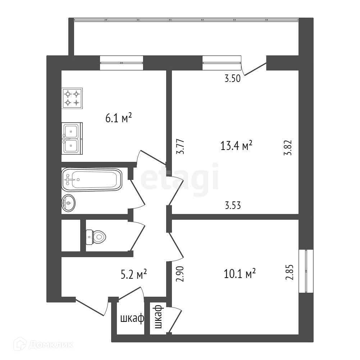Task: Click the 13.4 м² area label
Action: pos(236,145)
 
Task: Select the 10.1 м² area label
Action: pos(240,274)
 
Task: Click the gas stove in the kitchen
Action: pos(72,98)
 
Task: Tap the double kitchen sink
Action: pos(72,138)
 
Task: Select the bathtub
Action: pos(92,179)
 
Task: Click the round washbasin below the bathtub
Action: pos(69,203)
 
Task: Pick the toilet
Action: pos(96,237)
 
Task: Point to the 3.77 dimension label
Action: pos(181,147)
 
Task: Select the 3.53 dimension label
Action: pos(232,206)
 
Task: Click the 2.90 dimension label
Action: pos(181,275)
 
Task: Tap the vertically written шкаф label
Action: pos(158,317)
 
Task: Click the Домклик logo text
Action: pos(50,345)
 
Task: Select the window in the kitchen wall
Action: pos(121,63)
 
